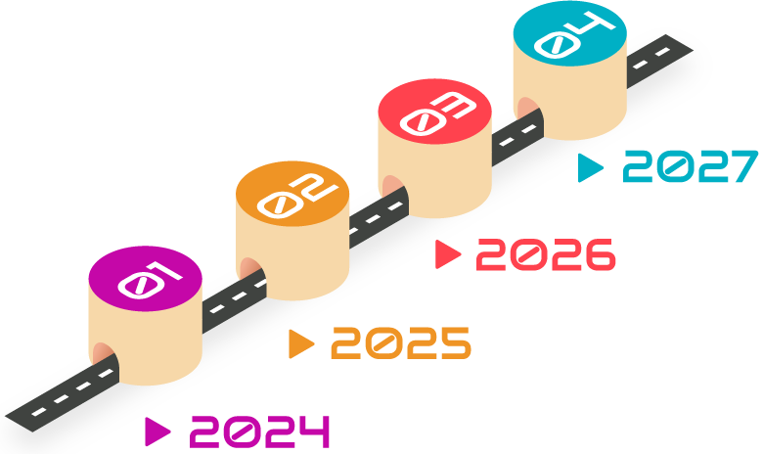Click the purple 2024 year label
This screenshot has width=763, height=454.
click(259, 431)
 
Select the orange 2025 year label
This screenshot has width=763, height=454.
click(401, 343)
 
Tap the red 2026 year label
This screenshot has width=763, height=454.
click(545, 255)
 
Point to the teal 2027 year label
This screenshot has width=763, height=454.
click(691, 166)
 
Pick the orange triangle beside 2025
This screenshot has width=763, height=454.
click(300, 344)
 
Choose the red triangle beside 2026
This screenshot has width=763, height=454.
click(447, 254)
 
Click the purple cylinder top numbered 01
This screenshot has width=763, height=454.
click(145, 279)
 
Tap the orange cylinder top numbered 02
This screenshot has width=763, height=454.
click(292, 193)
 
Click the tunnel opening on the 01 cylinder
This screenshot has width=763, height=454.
click(103, 352)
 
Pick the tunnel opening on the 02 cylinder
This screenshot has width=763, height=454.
click(248, 267)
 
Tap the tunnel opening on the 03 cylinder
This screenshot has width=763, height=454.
click(391, 186)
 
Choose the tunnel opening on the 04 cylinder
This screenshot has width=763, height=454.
click(527, 108)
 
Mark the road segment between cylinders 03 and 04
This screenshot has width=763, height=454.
click(516, 135)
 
